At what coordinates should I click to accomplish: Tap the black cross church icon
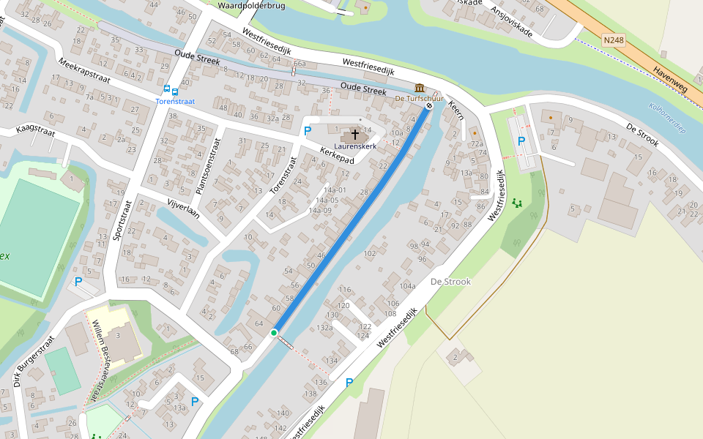(x=355, y=135)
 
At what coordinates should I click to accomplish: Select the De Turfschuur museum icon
(x=420, y=88)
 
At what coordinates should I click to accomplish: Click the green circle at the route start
(x=274, y=333)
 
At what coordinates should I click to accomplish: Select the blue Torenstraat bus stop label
(x=175, y=102)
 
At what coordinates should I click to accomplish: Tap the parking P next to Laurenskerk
(x=308, y=131)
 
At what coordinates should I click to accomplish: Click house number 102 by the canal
(x=369, y=253)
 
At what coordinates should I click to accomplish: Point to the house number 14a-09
(x=320, y=210)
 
